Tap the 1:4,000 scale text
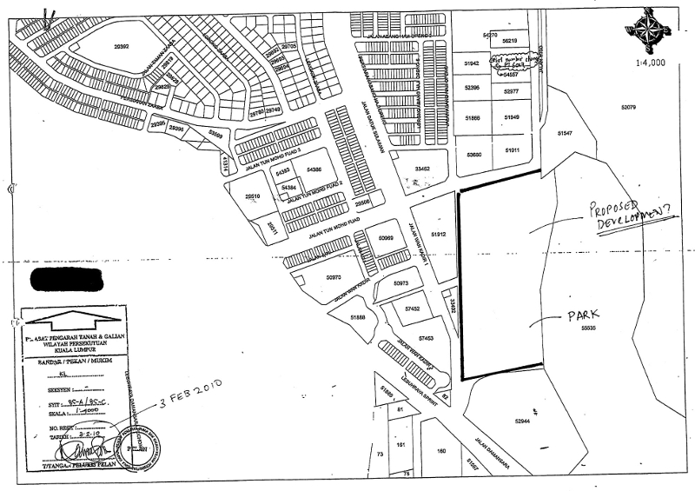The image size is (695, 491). pos(652,63)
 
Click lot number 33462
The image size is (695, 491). pos(423,169)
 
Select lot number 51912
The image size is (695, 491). pos(438,233)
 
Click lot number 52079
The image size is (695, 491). pos(629,108)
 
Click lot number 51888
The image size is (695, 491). pos(357,319)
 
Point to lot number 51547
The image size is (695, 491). pos(566,132)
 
